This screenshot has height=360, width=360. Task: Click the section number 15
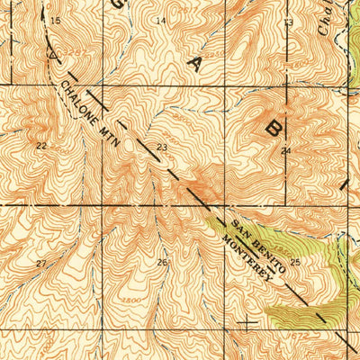click(x=56, y=20)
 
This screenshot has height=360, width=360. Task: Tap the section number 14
click(x=161, y=20)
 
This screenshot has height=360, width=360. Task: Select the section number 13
click(x=288, y=22)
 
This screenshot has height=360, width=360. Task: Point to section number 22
click(x=41, y=145)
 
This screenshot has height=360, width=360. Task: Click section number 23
click(x=161, y=147)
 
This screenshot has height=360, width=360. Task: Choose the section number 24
click(x=286, y=150)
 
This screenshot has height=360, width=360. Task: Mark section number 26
click(x=162, y=262)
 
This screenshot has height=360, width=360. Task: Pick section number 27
click(x=41, y=263)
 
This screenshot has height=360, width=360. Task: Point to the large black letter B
click(x=272, y=127)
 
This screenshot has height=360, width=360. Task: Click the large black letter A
click(x=194, y=62)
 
